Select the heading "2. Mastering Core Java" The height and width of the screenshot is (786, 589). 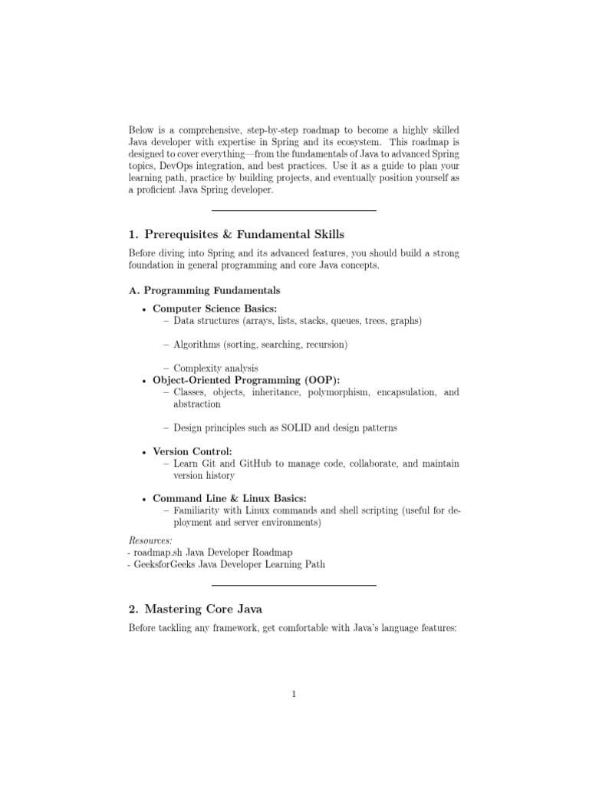point(195,609)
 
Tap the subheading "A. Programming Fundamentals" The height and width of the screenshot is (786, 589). point(203,291)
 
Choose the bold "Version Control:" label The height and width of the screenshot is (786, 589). point(192,451)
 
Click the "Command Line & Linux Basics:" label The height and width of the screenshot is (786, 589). point(229,498)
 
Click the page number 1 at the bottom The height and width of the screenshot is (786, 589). point(294,695)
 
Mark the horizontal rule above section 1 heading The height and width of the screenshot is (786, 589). point(294,210)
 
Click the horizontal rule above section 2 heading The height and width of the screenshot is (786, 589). point(294,586)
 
